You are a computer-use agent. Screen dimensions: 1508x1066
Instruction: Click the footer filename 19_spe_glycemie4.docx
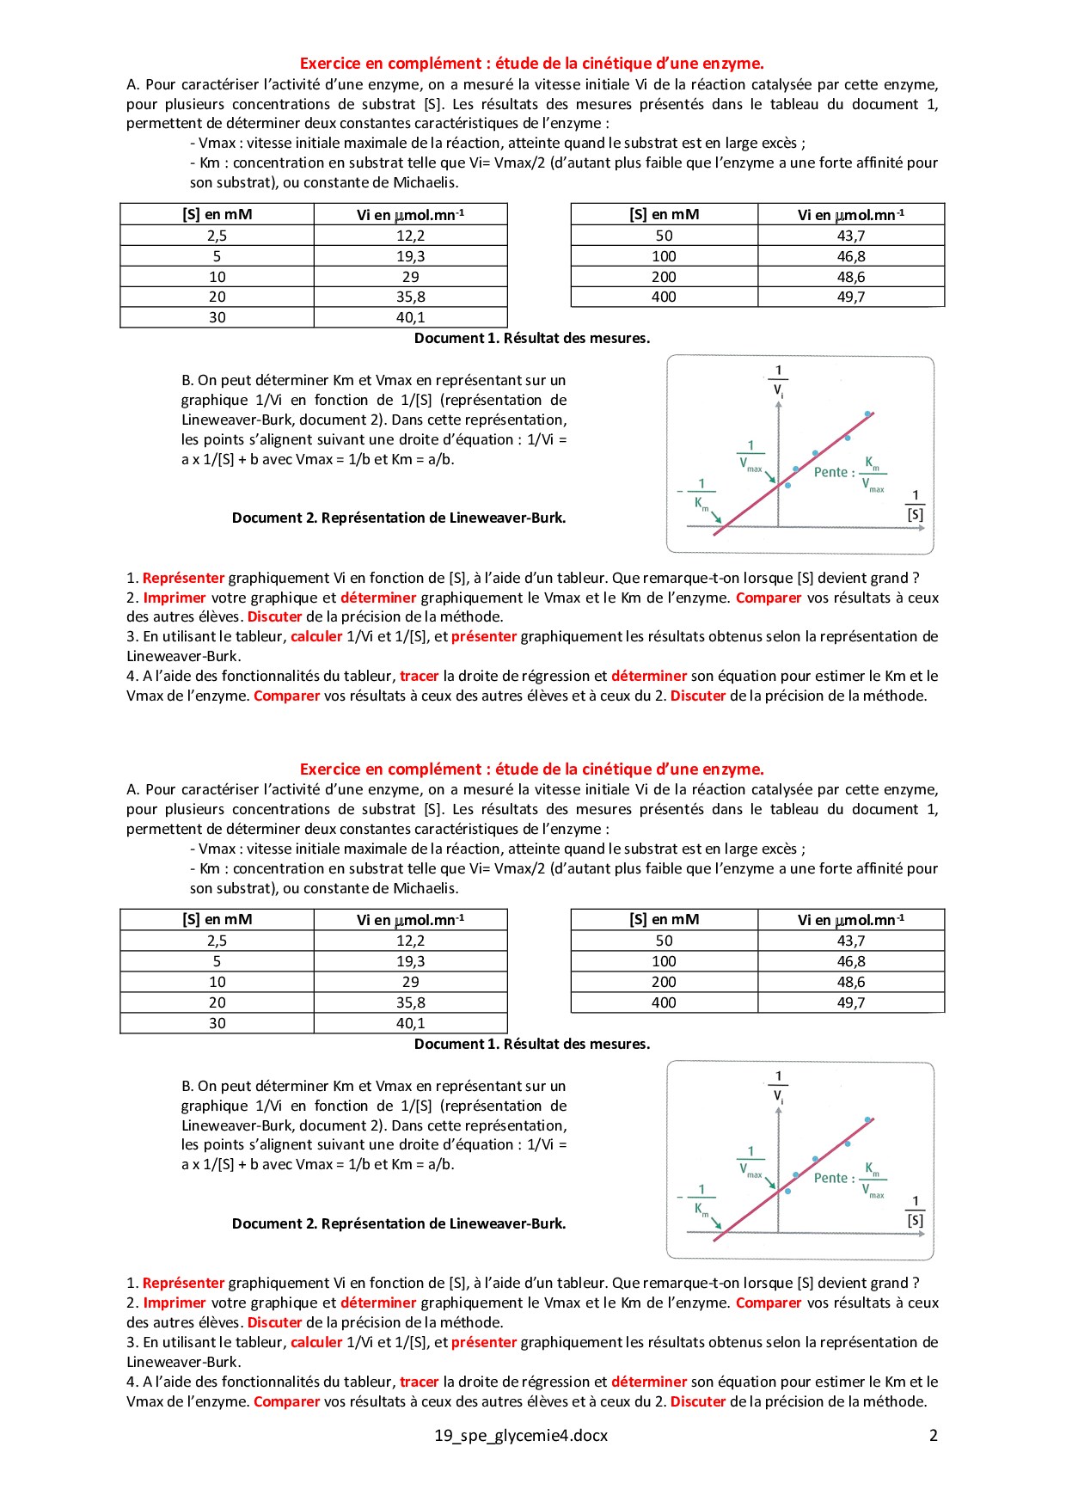[520, 1435]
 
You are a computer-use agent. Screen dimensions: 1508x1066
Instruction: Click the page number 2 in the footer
[933, 1435]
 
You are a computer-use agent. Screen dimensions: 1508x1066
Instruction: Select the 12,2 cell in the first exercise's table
[410, 236]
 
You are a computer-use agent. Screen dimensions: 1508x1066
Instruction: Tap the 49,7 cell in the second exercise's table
[850, 1002]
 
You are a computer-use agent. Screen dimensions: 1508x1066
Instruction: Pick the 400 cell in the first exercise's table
[664, 297]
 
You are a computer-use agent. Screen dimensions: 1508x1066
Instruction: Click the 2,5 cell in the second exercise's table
[217, 941]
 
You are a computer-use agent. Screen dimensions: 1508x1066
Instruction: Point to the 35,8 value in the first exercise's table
[410, 297]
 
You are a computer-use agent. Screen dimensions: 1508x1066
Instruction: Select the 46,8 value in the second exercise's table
[850, 961]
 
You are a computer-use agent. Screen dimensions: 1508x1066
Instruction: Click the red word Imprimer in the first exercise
[175, 598]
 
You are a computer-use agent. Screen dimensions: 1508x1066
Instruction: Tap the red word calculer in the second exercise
[316, 1342]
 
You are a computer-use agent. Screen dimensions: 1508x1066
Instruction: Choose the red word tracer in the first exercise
[420, 676]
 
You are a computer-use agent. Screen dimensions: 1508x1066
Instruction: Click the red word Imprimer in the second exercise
[175, 1303]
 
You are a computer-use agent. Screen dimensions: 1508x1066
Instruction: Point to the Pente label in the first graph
[830, 472]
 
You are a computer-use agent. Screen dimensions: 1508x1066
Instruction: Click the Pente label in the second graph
[830, 1178]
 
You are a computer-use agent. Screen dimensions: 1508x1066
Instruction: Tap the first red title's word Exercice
[330, 64]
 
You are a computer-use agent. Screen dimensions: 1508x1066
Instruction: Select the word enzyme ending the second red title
[733, 769]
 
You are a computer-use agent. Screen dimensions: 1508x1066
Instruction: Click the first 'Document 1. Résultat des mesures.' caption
[532, 338]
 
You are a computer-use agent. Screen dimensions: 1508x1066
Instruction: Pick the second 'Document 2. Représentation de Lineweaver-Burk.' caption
[399, 1223]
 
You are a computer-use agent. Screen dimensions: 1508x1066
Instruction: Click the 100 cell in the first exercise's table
[664, 256]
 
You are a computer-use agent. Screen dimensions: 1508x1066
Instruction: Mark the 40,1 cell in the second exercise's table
[410, 1023]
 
